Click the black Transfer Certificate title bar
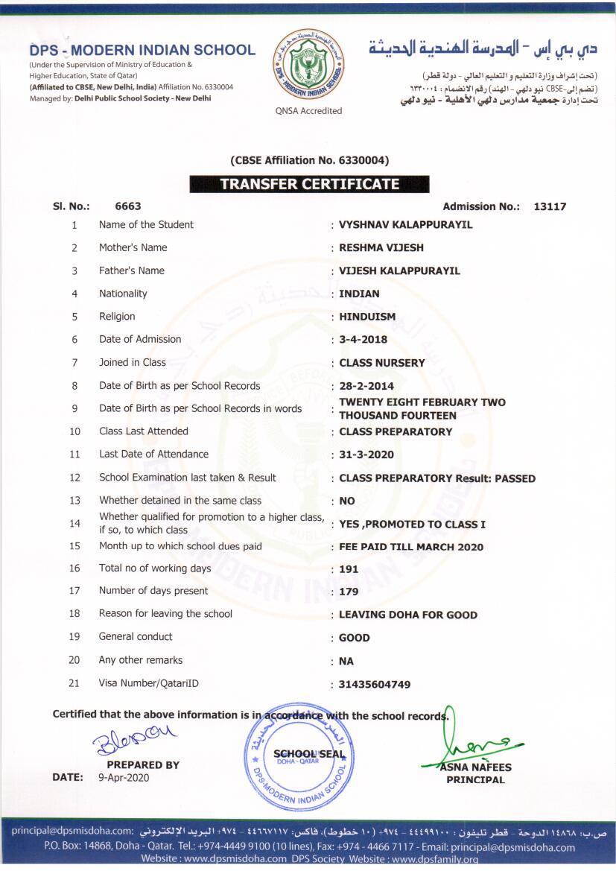tap(309, 184)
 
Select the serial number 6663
tap(128, 206)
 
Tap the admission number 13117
tap(550, 206)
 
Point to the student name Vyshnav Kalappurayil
tap(405, 225)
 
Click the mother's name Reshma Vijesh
tap(381, 248)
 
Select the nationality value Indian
tap(359, 294)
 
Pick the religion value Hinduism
tap(367, 317)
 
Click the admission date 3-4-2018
tap(363, 340)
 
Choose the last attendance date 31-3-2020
tap(366, 454)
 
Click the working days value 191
tap(349, 569)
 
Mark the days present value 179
tap(349, 592)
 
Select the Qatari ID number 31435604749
tap(375, 685)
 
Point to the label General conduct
tap(136, 637)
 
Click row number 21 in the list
tap(74, 683)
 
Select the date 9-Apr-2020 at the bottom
tap(124, 778)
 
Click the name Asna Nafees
tap(475, 767)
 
